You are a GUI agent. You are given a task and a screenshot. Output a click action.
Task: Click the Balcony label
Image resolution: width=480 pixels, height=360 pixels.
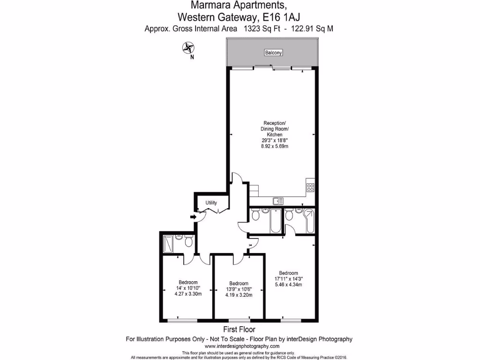click(274, 53)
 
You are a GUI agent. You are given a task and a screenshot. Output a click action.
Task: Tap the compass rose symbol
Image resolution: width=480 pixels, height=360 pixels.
click(188, 47)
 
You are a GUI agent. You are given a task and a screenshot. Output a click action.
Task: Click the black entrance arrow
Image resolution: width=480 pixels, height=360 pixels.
click(193, 217)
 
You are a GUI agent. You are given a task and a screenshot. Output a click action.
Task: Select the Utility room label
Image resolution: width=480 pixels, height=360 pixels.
click(211, 203)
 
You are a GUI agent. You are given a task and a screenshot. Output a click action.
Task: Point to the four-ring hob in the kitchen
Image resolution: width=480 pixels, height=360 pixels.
click(310, 187)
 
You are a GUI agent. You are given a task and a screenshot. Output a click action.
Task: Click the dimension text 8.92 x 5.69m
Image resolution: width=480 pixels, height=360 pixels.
click(274, 146)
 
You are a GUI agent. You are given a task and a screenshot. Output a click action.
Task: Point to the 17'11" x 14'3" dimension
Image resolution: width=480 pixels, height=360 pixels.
click(288, 279)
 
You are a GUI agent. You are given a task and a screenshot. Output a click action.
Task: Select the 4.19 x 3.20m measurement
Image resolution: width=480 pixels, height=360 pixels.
click(239, 295)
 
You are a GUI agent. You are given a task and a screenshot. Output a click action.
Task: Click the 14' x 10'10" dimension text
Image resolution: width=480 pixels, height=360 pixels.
click(187, 288)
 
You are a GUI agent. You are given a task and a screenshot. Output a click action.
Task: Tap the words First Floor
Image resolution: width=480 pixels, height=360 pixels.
click(239, 330)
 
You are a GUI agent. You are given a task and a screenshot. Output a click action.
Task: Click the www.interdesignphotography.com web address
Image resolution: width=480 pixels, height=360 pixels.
click(239, 346)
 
